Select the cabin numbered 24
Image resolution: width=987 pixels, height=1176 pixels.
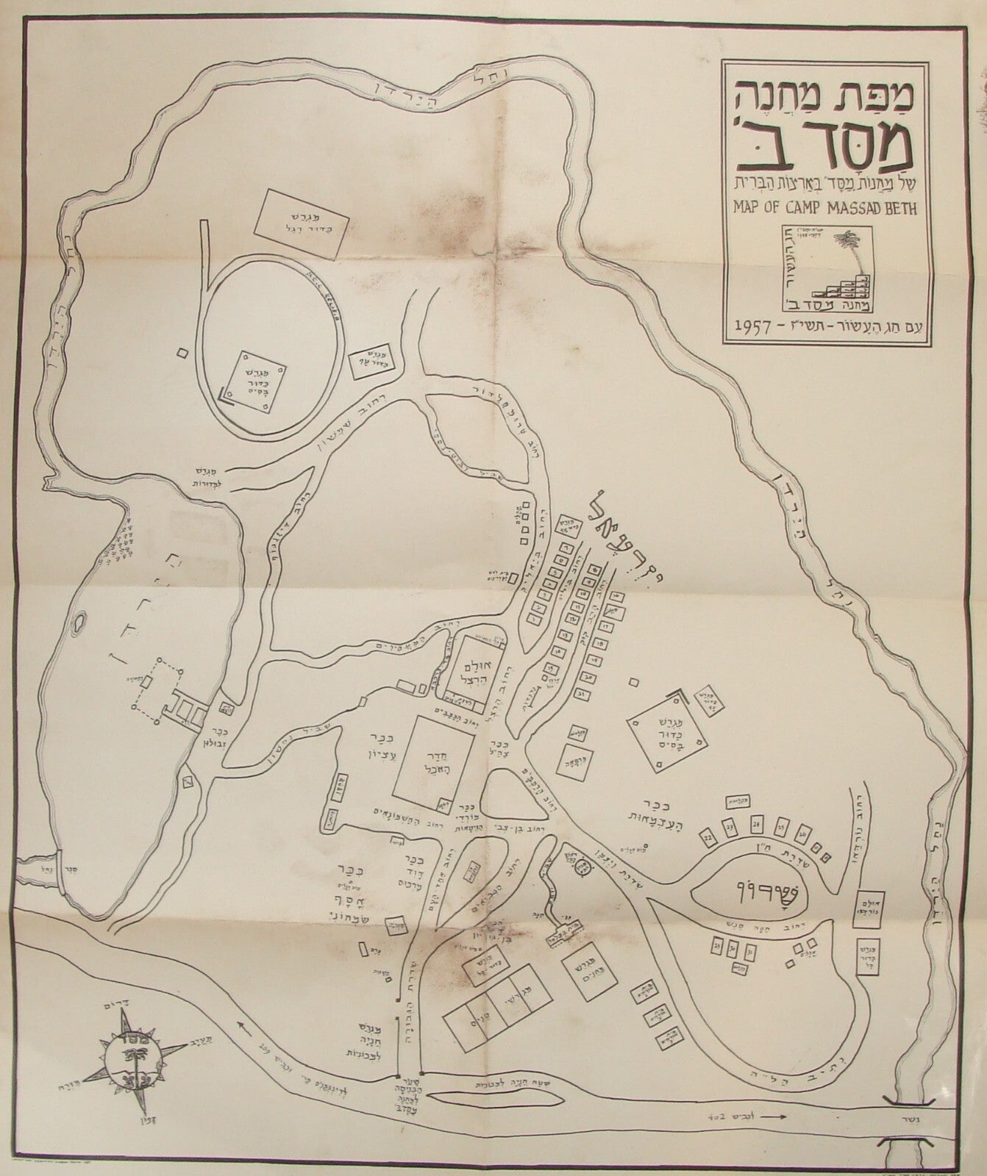pos(758,824)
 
